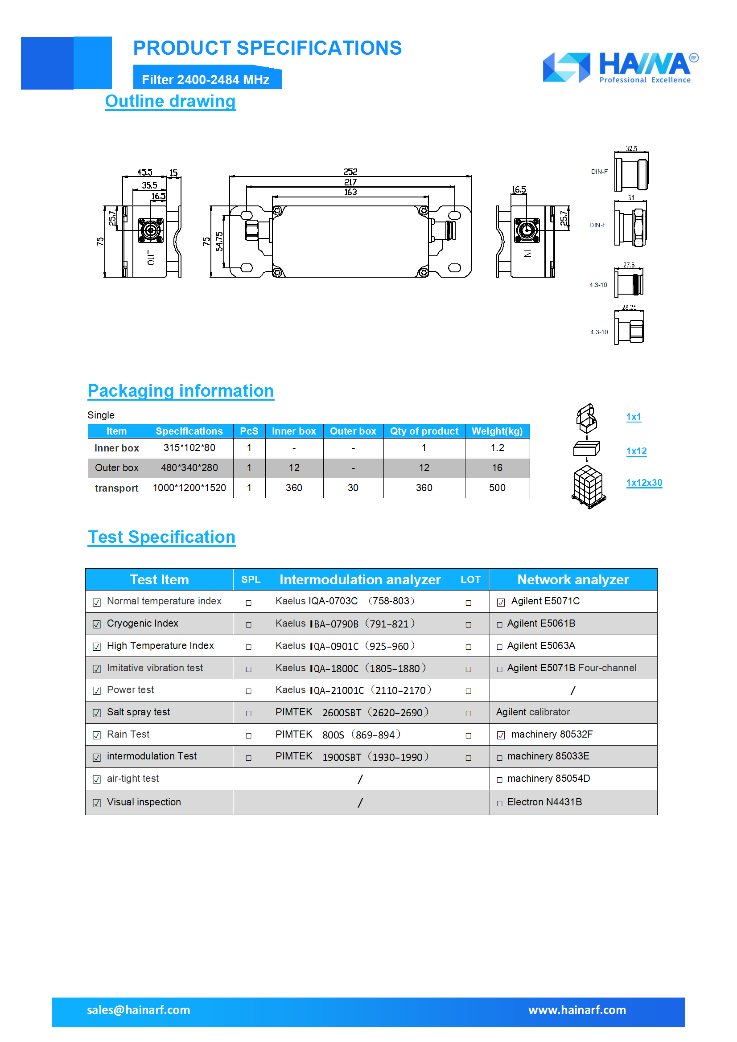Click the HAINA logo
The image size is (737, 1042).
620,67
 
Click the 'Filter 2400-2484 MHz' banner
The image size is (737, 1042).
206,80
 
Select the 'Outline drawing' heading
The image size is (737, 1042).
170,101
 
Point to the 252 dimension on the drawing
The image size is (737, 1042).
350,172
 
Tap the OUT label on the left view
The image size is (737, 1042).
151,257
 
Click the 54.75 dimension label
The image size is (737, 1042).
219,241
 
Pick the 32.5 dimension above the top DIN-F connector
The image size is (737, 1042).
631,148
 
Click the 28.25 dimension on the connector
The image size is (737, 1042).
629,307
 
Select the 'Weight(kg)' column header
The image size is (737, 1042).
497,431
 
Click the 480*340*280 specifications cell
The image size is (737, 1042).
189,468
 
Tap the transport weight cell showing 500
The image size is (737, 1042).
497,488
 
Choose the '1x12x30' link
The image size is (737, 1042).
643,482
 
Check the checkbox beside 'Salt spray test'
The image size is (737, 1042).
97,713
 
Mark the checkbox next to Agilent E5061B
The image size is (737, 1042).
499,625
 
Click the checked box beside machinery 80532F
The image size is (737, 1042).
501,735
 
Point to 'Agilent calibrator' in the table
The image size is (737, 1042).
533,712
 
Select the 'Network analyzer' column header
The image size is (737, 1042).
572,579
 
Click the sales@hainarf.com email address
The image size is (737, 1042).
139,1010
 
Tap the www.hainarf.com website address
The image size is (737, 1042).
576,1010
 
